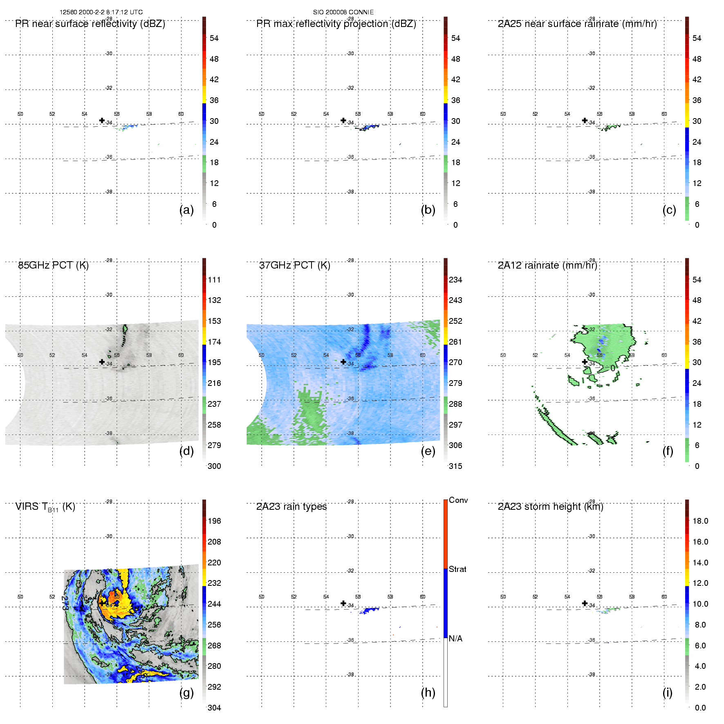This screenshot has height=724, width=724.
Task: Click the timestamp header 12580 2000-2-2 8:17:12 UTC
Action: click(101, 12)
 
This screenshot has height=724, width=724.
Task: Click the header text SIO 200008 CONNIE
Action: click(343, 12)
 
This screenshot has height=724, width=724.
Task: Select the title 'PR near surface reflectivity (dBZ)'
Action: click(90, 24)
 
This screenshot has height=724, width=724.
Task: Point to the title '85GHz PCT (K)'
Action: click(53, 265)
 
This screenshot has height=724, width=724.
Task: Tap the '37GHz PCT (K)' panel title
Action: click(294, 265)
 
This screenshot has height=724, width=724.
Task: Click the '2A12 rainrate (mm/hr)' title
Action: click(547, 265)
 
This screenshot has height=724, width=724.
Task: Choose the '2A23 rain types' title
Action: click(291, 507)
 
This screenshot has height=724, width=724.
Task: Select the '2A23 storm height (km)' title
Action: click(550, 507)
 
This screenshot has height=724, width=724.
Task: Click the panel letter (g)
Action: click(186, 692)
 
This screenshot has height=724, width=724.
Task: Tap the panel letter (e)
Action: click(428, 451)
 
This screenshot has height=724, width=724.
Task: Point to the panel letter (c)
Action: click(669, 210)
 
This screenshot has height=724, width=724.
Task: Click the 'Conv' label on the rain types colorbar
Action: click(458, 500)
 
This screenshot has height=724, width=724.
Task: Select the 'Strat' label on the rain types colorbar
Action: click(457, 569)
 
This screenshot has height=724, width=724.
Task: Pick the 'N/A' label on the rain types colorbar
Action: click(455, 639)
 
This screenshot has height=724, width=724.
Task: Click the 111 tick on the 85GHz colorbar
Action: click(214, 280)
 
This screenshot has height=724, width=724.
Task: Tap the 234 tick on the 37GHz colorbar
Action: click(455, 280)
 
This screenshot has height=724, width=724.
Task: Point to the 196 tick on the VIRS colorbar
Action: click(214, 521)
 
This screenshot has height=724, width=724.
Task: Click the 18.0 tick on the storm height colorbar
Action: click(700, 521)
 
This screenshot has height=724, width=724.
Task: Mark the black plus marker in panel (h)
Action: click(343, 603)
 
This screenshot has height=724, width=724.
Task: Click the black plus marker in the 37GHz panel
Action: click(343, 362)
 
